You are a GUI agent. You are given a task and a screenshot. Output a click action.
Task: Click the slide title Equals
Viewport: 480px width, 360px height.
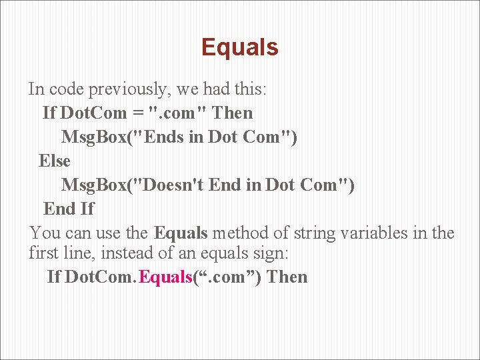point(239,47)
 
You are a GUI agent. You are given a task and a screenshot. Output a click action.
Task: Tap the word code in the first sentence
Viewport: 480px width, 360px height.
point(66,89)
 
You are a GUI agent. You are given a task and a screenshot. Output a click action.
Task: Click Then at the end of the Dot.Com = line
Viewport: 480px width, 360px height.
point(232,113)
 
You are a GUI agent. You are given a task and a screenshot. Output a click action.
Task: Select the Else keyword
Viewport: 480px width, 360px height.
point(54,161)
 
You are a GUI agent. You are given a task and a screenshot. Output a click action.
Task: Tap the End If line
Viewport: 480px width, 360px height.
point(69,209)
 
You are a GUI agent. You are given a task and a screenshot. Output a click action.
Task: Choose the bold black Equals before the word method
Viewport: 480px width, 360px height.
point(181,233)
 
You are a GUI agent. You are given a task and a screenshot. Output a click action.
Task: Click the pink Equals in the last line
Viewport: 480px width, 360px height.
point(166,277)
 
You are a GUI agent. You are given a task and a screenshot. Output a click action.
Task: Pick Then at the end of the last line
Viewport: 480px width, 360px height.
point(287,277)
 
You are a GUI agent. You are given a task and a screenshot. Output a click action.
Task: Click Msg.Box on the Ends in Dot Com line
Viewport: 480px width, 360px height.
point(95,137)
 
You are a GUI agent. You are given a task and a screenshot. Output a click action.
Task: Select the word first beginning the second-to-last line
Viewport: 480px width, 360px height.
point(45,254)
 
